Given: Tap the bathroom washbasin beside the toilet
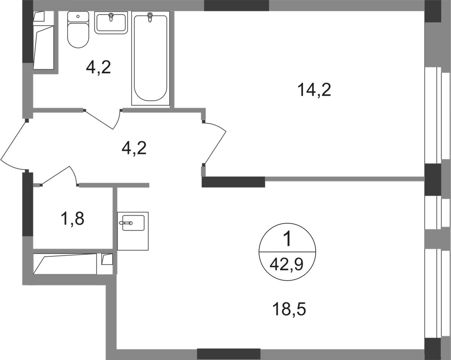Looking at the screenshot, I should click(111, 23).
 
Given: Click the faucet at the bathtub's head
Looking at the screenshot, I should click(150, 17).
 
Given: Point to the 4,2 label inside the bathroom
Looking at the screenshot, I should click(98, 69).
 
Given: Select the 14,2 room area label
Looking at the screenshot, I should click(314, 90).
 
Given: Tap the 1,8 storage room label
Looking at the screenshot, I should click(74, 218).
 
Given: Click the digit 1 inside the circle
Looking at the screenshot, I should click(288, 239).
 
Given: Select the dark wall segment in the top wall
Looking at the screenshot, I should click(236, 6).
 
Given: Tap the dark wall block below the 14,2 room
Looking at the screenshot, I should click(234, 182).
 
